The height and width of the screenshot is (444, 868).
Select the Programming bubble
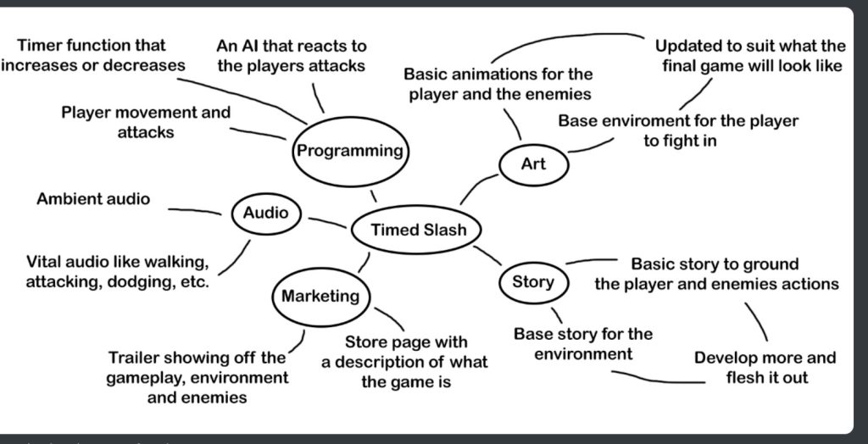(349, 152)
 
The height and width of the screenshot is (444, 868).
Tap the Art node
(533, 164)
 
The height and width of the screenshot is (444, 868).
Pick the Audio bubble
(265, 214)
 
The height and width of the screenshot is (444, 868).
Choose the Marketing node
(320, 297)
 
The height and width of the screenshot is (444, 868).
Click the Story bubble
(532, 281)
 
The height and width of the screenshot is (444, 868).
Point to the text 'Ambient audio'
(93, 199)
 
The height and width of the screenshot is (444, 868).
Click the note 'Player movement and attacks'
(145, 122)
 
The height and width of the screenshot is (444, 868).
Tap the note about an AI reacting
(292, 55)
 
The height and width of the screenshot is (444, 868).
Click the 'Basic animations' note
(498, 84)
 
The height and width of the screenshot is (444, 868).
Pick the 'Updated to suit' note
(750, 55)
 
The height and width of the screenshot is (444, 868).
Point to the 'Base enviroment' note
(678, 130)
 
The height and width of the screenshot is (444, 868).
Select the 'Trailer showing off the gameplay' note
(198, 377)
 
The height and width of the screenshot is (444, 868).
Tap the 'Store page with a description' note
(404, 362)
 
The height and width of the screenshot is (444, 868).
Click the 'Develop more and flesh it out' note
(765, 367)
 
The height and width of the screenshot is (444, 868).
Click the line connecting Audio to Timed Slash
(326, 223)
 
